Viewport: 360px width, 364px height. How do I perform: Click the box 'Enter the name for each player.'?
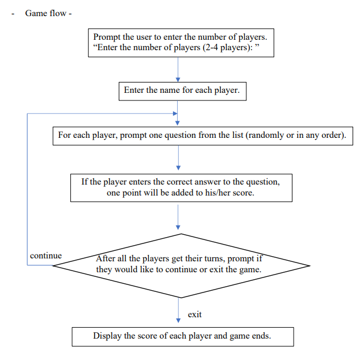coord(181,91)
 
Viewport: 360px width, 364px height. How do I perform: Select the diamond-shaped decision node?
coord(181,265)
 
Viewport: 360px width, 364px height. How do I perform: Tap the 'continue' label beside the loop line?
coord(46,256)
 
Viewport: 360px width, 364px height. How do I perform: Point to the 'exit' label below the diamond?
coord(194,314)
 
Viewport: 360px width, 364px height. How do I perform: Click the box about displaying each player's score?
coord(182,336)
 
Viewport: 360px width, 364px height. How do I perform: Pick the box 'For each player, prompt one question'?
coord(201,136)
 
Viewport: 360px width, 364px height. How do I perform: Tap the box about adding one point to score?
coord(181,187)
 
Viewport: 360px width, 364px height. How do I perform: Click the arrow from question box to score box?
coord(178,160)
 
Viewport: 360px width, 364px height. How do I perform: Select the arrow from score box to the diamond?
coord(178,217)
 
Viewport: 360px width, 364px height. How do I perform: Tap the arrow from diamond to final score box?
coord(178,313)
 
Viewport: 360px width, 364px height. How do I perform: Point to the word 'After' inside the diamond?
coord(106,259)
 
